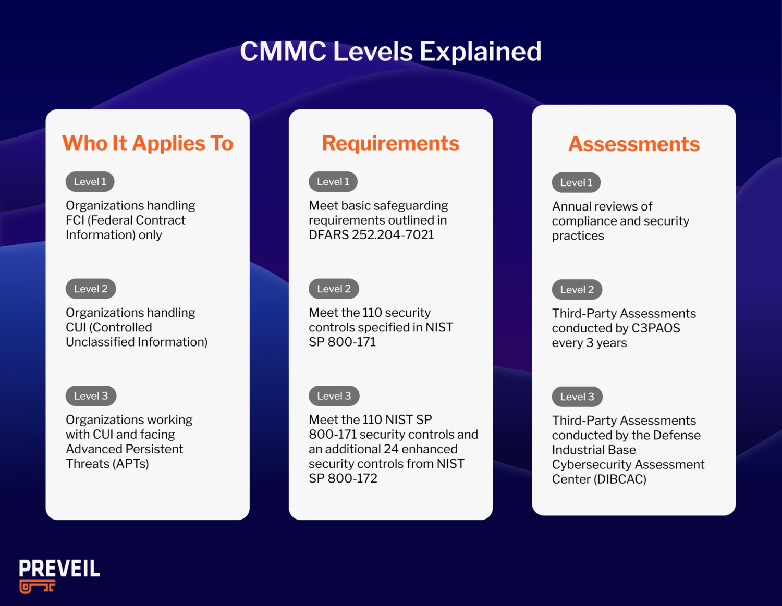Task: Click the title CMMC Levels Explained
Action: tap(390, 52)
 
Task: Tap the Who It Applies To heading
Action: tap(148, 143)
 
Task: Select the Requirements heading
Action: tap(390, 143)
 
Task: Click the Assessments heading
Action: tap(633, 144)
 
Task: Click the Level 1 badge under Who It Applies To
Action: tap(90, 182)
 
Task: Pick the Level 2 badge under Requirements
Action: tap(334, 289)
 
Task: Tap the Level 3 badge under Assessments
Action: tap(577, 397)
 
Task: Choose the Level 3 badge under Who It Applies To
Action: tap(91, 396)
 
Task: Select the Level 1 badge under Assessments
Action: tap(576, 183)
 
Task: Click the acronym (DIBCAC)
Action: tap(620, 479)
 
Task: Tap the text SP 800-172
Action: tap(343, 478)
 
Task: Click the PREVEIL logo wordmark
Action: tap(59, 568)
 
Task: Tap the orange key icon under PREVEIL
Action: tap(37, 587)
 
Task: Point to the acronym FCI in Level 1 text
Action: tap(75, 220)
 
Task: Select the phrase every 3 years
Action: tap(589, 343)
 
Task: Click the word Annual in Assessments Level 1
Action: tap(572, 206)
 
